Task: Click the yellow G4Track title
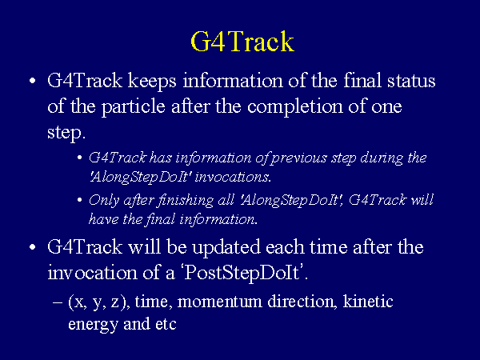(242, 42)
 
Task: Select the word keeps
(152, 81)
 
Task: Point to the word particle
(133, 107)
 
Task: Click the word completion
(295, 107)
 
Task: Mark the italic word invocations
(232, 178)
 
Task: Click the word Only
(103, 201)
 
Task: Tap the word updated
(226, 247)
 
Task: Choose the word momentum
(219, 302)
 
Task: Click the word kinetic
(368, 301)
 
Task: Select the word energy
(93, 325)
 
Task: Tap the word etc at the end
(166, 324)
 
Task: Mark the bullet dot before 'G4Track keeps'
(33, 81)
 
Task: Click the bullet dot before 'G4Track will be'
(33, 247)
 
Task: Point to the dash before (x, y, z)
(58, 302)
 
